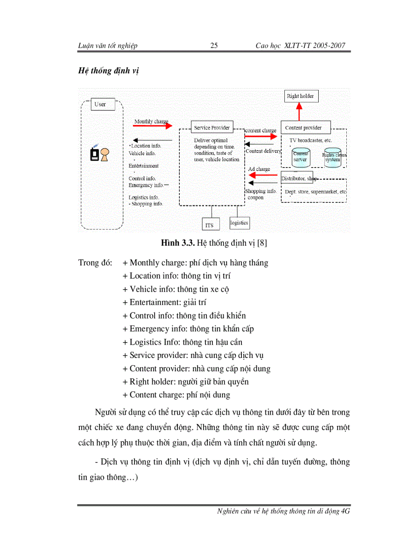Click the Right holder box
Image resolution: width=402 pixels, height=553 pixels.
(300, 96)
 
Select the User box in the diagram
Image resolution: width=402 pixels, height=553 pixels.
(103, 104)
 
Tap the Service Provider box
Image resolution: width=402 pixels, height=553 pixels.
(212, 128)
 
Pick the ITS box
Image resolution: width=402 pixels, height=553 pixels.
(210, 225)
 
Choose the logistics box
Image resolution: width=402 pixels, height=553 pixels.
(239, 223)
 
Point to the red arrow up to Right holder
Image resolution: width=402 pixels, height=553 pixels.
(299, 111)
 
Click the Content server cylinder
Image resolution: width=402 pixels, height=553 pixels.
(301, 157)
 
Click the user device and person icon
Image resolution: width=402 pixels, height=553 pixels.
(99, 154)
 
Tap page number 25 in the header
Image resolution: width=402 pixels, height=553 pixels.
(214, 46)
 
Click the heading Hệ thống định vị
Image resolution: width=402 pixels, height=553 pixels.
(109, 70)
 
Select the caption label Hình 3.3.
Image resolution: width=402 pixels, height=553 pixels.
(177, 243)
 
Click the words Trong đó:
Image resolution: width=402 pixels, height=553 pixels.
(95, 262)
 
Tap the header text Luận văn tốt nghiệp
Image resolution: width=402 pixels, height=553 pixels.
(108, 46)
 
